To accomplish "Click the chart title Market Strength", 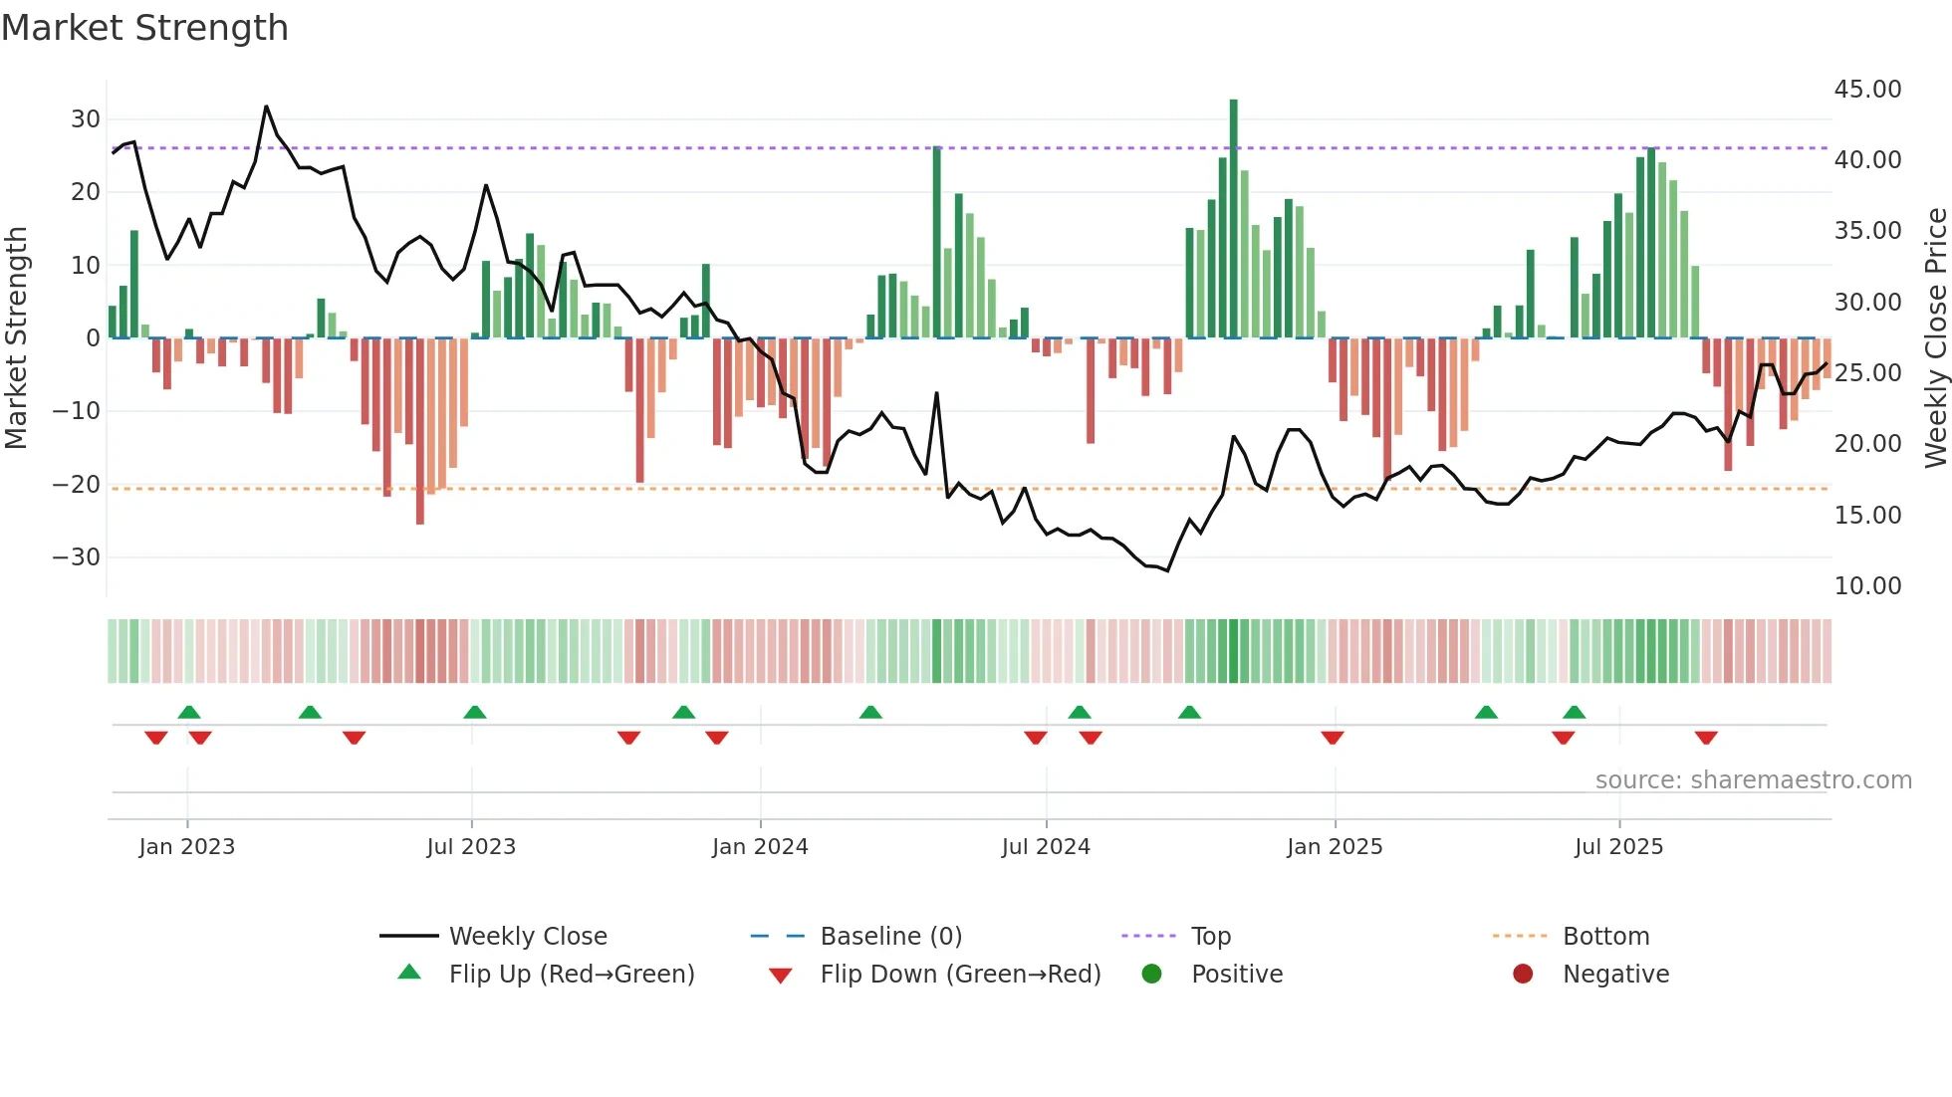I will [144, 28].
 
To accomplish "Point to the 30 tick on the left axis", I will [86, 119].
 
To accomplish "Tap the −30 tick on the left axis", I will [78, 557].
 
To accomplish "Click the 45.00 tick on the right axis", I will [1867, 90].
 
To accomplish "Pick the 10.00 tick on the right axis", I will [1867, 586].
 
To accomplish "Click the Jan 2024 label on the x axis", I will [760, 847].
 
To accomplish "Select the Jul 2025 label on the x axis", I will [1618, 847].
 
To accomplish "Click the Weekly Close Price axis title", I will [1935, 338].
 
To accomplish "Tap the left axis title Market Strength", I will [16, 338].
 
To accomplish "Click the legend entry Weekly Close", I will [527, 937].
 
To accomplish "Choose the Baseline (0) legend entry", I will [890, 937].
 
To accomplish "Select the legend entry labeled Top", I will [1210, 937].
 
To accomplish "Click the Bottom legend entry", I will [1605, 937].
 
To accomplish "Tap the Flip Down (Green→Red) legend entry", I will [960, 975].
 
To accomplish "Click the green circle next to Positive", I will [1152, 975].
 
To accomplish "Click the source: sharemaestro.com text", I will [1753, 780].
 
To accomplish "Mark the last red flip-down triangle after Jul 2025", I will [1706, 738].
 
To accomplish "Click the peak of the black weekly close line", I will [266, 107].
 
